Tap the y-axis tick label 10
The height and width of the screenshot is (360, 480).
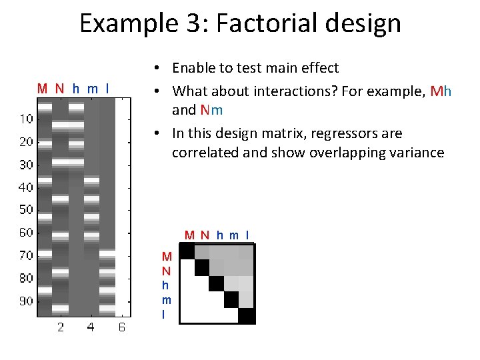26,119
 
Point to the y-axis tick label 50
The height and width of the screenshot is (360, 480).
26,210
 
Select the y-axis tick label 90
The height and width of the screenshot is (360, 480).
26,301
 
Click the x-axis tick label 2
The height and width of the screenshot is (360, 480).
61,327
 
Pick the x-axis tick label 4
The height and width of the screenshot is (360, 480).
91,327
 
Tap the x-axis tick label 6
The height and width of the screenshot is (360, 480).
122,327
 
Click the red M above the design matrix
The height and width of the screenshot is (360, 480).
43,88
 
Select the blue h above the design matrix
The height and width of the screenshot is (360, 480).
75,88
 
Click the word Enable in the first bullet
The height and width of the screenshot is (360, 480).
193,68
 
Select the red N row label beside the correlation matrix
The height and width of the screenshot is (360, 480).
167,271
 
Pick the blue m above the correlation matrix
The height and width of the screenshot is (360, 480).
234,235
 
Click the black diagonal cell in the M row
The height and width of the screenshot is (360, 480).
187,251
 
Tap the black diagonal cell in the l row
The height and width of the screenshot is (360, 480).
247,316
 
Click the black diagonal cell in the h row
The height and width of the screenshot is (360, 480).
217,283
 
